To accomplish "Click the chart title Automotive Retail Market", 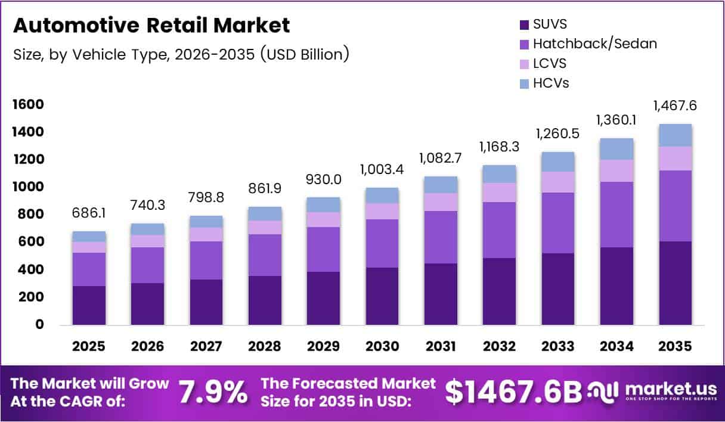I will click(151, 26).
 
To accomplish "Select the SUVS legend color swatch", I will click(525, 25).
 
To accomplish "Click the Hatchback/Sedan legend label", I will click(594, 44).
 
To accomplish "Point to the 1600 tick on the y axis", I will click(27, 105).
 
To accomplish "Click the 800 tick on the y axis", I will click(30, 215).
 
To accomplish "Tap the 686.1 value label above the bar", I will click(89, 212).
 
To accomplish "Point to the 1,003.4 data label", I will click(382, 170).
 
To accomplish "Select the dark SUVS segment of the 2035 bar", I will click(675, 283).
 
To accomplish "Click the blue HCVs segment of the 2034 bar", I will click(616, 149).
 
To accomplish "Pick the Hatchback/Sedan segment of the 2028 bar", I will click(265, 255).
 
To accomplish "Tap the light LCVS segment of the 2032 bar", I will click(499, 192).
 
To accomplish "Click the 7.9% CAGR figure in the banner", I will click(213, 392).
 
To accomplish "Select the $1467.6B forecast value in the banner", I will click(513, 392).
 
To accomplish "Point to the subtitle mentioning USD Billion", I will click(181, 54).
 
